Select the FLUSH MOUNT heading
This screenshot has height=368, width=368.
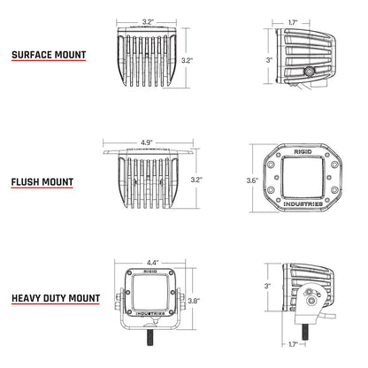pyautogui.click(x=41, y=182)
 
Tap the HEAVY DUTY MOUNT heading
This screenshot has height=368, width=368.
pyautogui.click(x=56, y=299)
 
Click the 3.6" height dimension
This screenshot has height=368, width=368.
pyautogui.click(x=252, y=180)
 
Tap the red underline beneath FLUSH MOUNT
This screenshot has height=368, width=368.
pyautogui.click(x=41, y=191)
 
